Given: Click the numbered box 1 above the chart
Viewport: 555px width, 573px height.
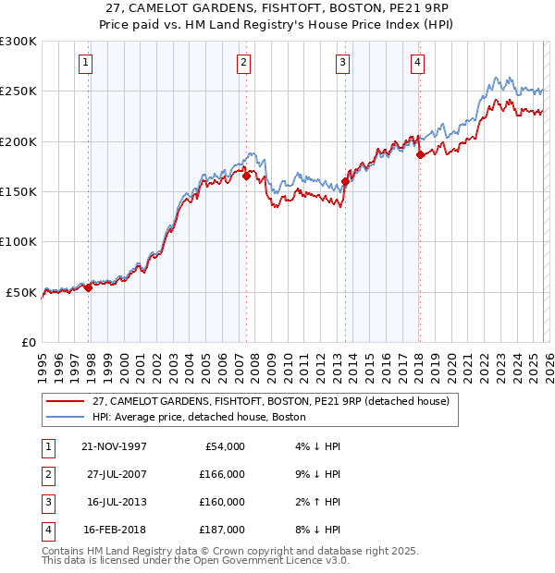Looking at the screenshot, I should click(85, 63).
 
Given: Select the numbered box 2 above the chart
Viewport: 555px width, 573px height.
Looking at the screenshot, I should click(242, 63).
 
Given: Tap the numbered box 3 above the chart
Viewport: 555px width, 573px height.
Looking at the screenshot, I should click(342, 63).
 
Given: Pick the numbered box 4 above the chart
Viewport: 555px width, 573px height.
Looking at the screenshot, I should click(417, 63).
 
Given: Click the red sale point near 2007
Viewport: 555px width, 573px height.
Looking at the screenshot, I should click(247, 176).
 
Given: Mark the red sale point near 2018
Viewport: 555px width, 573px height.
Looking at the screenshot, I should click(420, 155).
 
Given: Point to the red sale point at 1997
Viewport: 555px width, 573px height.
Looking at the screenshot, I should click(89, 288).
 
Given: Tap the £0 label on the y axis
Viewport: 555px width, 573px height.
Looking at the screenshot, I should click(28, 343).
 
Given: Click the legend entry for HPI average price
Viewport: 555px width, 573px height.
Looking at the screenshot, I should click(203, 417).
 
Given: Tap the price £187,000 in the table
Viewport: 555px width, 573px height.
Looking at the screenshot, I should click(221, 530).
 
